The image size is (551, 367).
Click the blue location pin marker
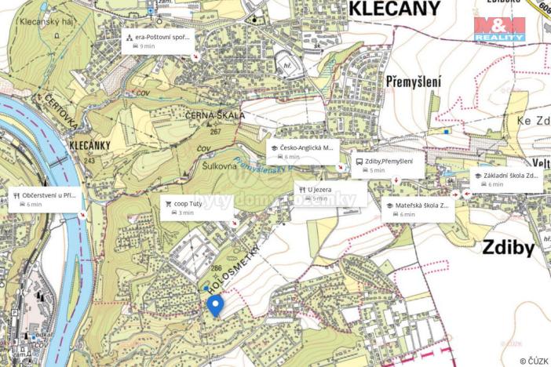[x=213, y=304]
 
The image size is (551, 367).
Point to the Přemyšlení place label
[x=414, y=81]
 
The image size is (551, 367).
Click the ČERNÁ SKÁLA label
[x=216, y=115]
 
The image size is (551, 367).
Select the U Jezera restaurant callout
[x=330, y=193]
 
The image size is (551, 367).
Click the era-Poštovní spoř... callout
[x=158, y=41]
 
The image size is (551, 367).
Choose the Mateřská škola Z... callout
[x=417, y=209]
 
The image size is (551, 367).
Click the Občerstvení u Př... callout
[x=46, y=199]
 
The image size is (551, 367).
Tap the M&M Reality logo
[x=499, y=29]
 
